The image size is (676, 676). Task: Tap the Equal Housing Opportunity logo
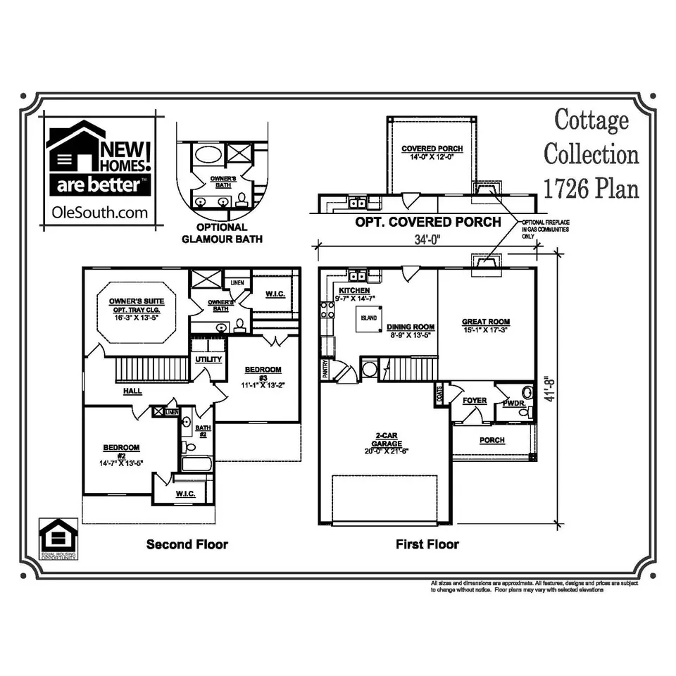(58, 539)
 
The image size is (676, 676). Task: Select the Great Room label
(486, 326)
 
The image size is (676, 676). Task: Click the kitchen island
(368, 318)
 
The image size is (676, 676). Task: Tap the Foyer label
(475, 401)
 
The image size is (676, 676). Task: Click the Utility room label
(209, 359)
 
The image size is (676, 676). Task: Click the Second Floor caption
(187, 544)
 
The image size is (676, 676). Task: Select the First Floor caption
(427, 544)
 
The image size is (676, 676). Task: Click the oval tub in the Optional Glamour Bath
(208, 154)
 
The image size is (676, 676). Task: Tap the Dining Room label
(411, 327)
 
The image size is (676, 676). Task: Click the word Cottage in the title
(591, 120)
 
